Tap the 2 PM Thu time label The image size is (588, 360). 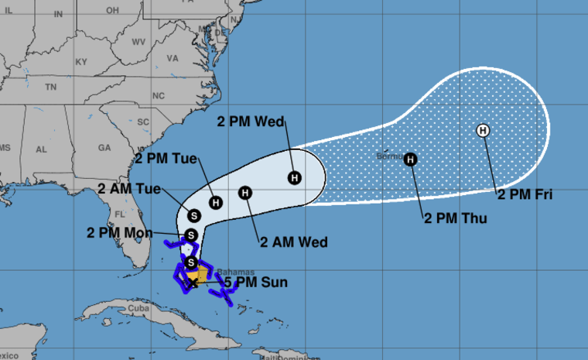(x=456, y=219)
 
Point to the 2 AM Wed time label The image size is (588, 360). (x=295, y=242)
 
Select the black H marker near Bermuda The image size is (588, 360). (x=411, y=159)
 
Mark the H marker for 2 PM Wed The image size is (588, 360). (x=295, y=178)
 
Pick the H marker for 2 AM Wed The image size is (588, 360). (x=245, y=193)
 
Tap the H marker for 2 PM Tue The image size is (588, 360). (x=217, y=203)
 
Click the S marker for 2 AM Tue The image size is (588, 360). (x=193, y=215)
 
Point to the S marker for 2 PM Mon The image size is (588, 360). (x=191, y=235)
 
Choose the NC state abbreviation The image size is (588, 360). (x=159, y=96)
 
